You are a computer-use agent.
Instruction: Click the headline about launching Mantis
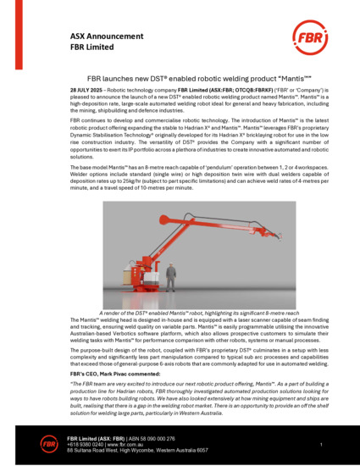[x=179, y=75]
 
